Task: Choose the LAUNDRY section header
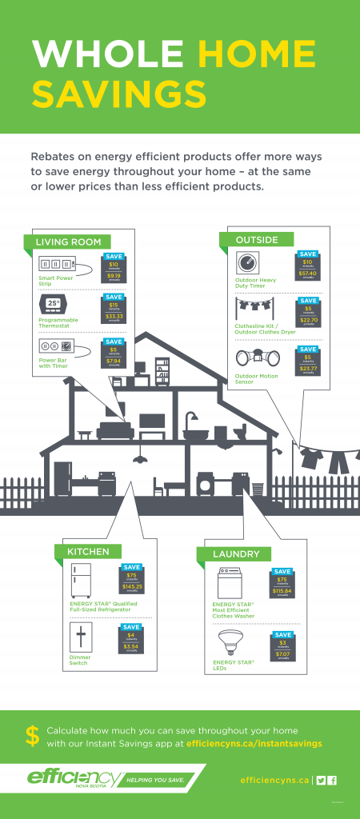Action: pos(236,553)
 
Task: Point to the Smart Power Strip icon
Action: pos(57,264)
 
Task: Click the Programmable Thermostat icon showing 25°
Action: pos(54,305)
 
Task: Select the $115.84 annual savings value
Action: pos(282,591)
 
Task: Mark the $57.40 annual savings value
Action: pos(308,274)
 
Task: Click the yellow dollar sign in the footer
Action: pos(32,737)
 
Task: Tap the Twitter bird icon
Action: pos(321,780)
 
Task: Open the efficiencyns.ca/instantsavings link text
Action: pos(254,744)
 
